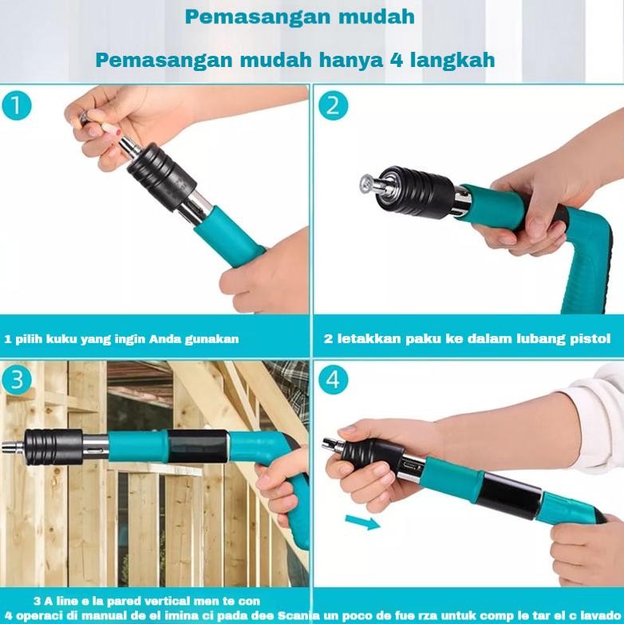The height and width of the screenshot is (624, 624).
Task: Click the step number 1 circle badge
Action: click(x=17, y=105)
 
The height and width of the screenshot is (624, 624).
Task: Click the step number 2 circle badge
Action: click(x=333, y=105)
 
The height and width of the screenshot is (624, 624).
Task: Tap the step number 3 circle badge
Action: click(x=17, y=380)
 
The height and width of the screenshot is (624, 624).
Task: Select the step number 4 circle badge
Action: click(x=333, y=380)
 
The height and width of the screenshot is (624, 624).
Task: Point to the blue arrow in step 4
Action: click(x=361, y=522)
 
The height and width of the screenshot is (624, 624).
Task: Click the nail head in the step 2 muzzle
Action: click(x=365, y=183)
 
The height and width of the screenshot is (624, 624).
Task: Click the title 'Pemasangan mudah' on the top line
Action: click(x=299, y=16)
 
